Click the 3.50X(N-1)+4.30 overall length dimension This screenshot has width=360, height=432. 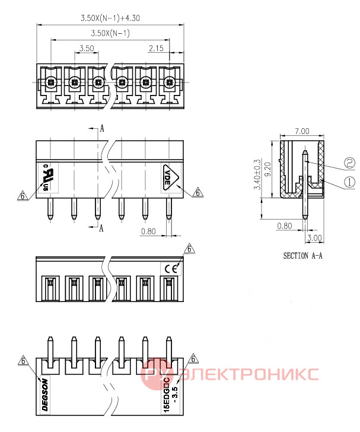(110, 18)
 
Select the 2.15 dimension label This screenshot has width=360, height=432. (156, 49)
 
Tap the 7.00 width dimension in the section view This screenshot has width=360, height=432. (302, 131)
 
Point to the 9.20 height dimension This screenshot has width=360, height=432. (267, 169)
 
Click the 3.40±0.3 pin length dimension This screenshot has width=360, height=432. (257, 174)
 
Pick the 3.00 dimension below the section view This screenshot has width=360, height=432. (314, 238)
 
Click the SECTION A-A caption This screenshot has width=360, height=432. (302, 256)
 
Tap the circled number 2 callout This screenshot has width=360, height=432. (350, 163)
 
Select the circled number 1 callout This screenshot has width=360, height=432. (350, 182)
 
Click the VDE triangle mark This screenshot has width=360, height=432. (170, 177)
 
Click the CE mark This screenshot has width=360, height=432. (171, 269)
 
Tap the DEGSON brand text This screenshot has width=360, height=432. (45, 395)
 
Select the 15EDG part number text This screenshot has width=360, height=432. (170, 395)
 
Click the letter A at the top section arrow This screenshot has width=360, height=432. (102, 129)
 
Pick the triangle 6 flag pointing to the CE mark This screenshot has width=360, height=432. (189, 249)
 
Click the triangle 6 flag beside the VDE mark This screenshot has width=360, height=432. (197, 192)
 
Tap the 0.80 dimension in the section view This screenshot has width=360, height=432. (285, 226)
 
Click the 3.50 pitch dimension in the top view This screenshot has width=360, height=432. (87, 49)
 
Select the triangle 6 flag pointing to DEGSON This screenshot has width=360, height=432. (23, 361)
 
